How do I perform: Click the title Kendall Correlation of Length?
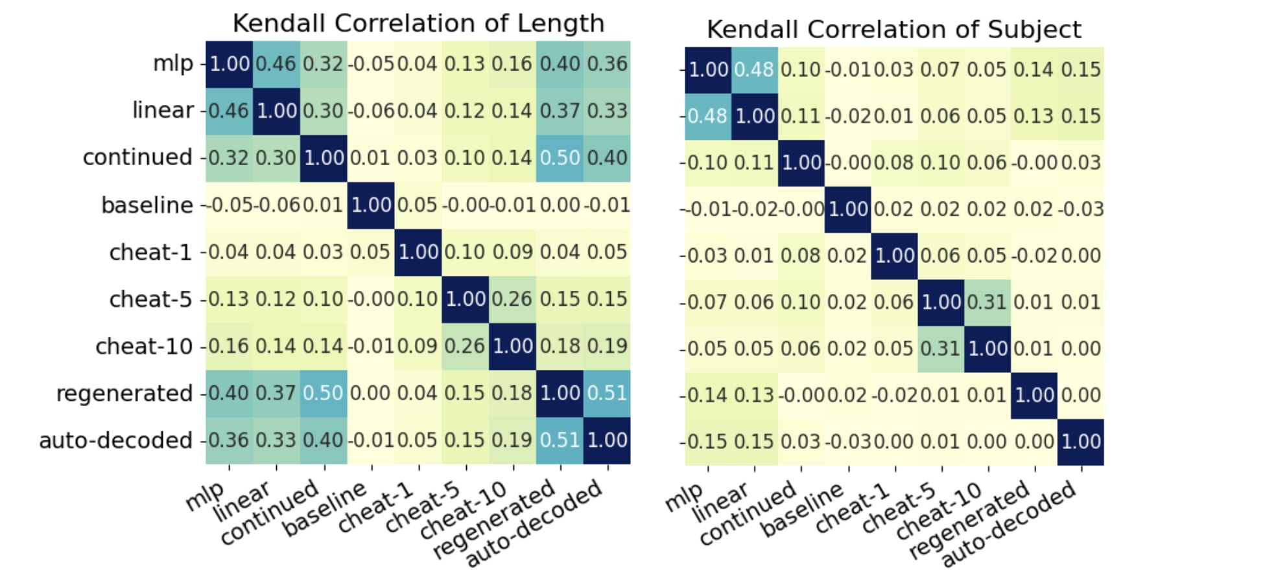pos(418,23)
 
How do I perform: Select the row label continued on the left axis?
pos(137,157)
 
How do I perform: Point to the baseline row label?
pos(147,205)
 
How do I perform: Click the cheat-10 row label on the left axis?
pos(144,346)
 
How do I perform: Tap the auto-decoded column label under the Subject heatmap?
pos(1009,524)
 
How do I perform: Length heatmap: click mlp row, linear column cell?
pos(276,64)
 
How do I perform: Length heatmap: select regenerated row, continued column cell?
pos(323,393)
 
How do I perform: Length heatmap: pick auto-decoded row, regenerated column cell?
pos(560,440)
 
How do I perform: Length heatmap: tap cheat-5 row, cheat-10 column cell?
pos(512,299)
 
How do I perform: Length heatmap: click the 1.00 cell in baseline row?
pos(371,205)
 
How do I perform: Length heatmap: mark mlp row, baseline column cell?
pos(371,64)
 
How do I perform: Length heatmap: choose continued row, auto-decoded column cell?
pos(607,158)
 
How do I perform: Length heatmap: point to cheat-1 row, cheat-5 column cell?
pos(465,252)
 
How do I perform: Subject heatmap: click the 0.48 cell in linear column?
pos(754,70)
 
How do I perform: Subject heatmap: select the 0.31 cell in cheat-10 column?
pos(987,302)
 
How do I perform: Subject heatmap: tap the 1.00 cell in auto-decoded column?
pos(1081,442)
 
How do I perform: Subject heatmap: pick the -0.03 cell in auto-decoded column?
pos(1081,209)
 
